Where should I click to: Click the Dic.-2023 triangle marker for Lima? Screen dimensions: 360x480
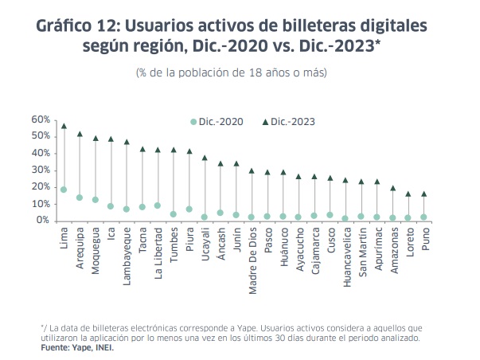click(64, 126)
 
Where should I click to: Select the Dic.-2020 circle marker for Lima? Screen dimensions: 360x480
click(64, 190)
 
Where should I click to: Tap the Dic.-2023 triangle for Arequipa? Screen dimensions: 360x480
click(80, 134)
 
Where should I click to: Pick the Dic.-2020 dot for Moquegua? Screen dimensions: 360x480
click(96, 200)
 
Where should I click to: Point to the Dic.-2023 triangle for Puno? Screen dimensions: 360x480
click(423, 194)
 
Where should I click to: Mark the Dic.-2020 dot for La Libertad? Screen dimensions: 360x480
click(158, 205)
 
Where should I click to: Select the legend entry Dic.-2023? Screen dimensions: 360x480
click(294, 122)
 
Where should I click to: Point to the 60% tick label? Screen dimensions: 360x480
click(41, 119)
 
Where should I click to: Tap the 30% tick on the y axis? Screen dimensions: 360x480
click(41, 170)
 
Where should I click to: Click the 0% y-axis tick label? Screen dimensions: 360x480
click(43, 221)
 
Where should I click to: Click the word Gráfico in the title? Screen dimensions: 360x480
click(68, 25)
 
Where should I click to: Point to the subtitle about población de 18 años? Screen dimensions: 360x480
click(232, 73)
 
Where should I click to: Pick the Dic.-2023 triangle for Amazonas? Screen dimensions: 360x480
click(392, 189)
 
